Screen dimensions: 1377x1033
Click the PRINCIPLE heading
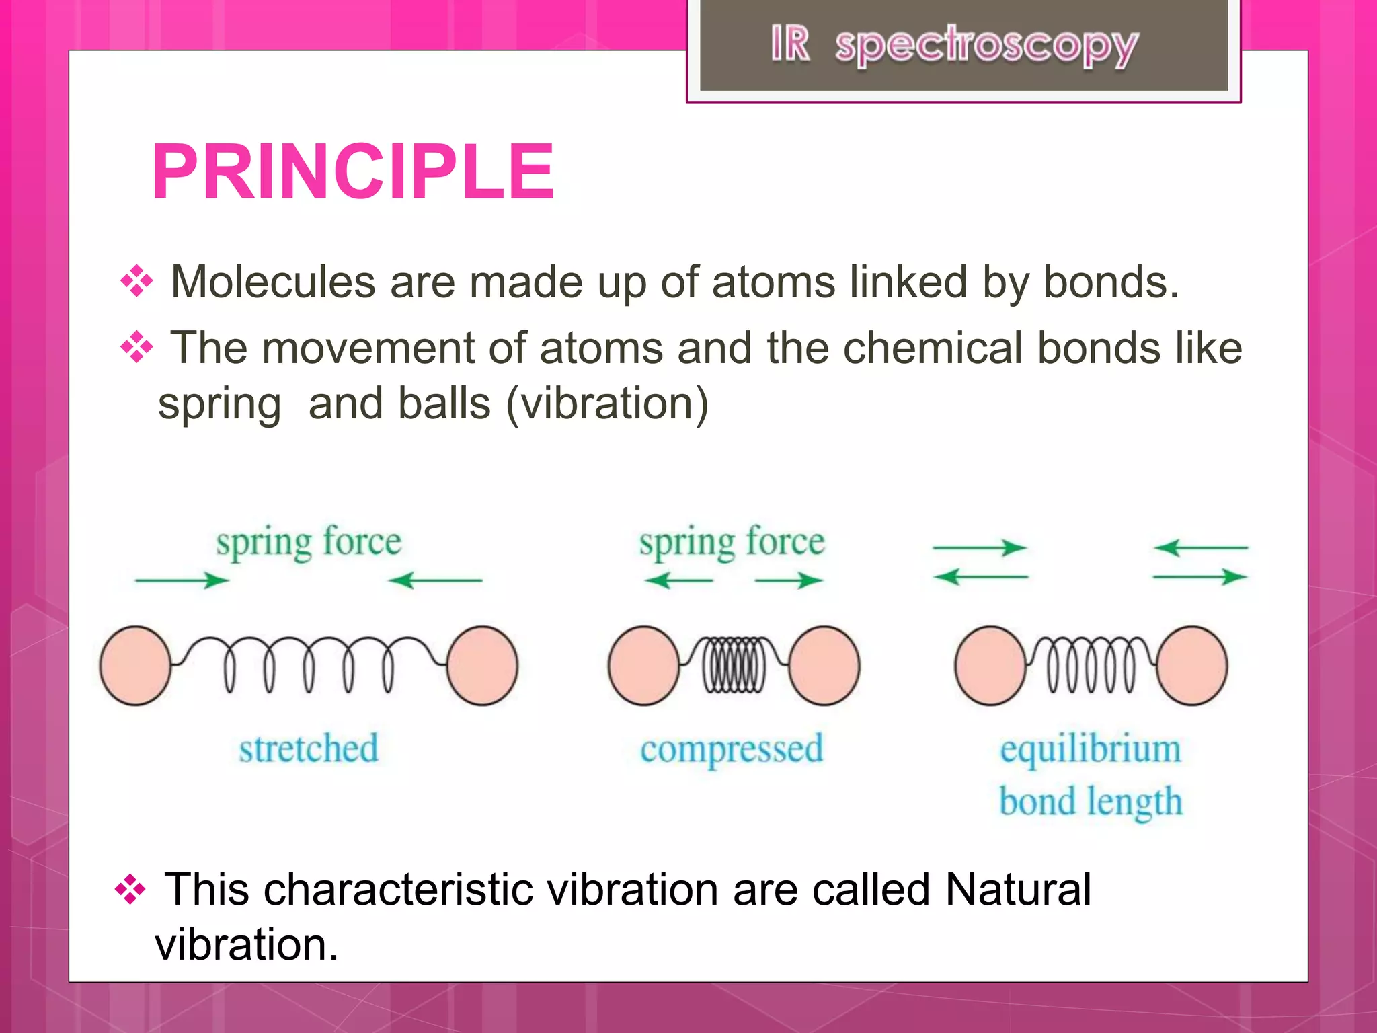(x=353, y=172)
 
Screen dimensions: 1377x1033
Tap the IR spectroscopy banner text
(x=954, y=46)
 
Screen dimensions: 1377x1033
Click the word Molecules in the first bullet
(x=272, y=282)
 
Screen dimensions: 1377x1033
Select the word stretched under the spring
(x=309, y=749)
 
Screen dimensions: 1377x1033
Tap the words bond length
(x=1090, y=802)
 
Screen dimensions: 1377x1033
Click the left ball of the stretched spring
(x=135, y=666)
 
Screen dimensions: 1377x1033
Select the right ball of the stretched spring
(x=482, y=666)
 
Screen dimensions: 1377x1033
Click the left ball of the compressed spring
(x=643, y=666)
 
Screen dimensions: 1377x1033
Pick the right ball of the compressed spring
(x=824, y=666)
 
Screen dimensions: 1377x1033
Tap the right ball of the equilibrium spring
(x=1192, y=666)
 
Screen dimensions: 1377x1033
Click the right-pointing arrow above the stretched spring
(x=182, y=580)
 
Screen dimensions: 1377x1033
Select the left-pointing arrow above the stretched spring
(x=436, y=580)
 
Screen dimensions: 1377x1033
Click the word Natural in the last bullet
(x=1017, y=889)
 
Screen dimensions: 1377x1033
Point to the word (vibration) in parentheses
(x=607, y=404)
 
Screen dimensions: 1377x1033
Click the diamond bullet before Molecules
(x=136, y=281)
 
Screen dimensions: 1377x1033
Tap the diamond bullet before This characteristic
(x=130, y=890)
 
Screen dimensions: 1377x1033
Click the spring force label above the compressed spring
(x=732, y=542)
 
